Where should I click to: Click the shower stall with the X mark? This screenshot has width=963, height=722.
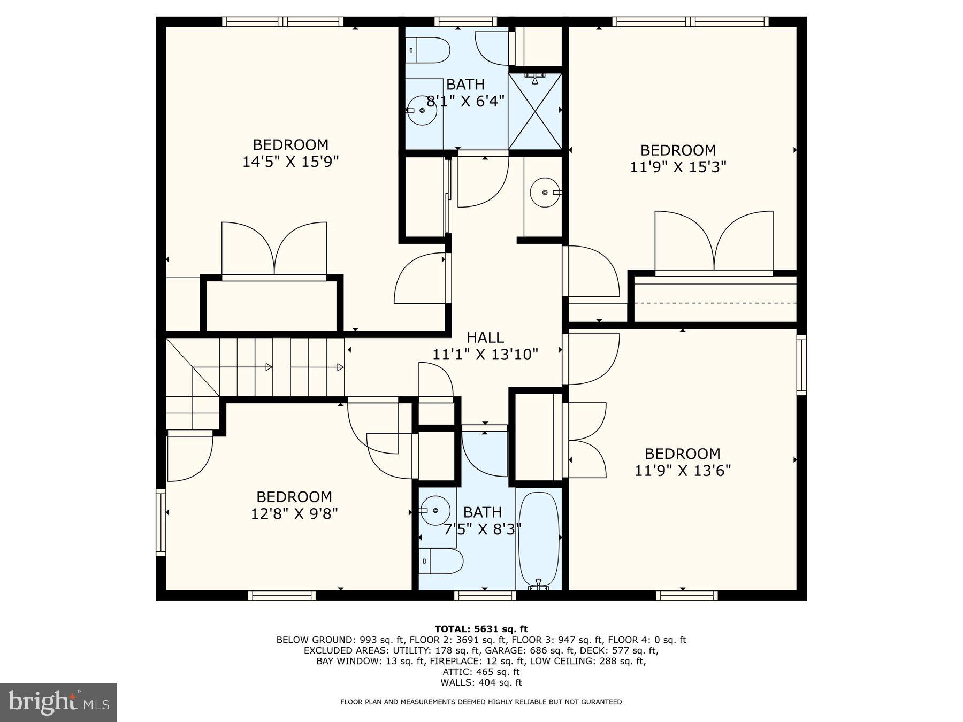pyautogui.click(x=534, y=111)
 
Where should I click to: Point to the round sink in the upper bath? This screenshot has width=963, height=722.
pyautogui.click(x=422, y=111)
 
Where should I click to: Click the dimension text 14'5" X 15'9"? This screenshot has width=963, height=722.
pyautogui.click(x=291, y=162)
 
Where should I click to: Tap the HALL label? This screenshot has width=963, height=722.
pyautogui.click(x=485, y=337)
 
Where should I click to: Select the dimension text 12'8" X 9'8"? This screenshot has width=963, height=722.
pyautogui.click(x=294, y=513)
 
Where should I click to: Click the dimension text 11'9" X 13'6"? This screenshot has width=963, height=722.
pyautogui.click(x=682, y=471)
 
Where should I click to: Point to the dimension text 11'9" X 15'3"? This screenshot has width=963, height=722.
pyautogui.click(x=678, y=167)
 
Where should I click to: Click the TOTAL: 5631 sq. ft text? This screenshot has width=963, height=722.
pyautogui.click(x=481, y=629)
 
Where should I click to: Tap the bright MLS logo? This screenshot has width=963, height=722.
pyautogui.click(x=58, y=702)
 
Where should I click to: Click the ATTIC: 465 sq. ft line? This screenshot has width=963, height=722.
pyautogui.click(x=481, y=672)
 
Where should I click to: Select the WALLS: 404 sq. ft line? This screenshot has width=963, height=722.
pyautogui.click(x=481, y=682)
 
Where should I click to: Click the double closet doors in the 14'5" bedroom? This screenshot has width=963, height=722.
pyautogui.click(x=274, y=249)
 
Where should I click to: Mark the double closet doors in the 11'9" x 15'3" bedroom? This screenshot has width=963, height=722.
pyautogui.click(x=714, y=242)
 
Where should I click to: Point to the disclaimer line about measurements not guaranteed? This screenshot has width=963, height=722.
pyautogui.click(x=481, y=702)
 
